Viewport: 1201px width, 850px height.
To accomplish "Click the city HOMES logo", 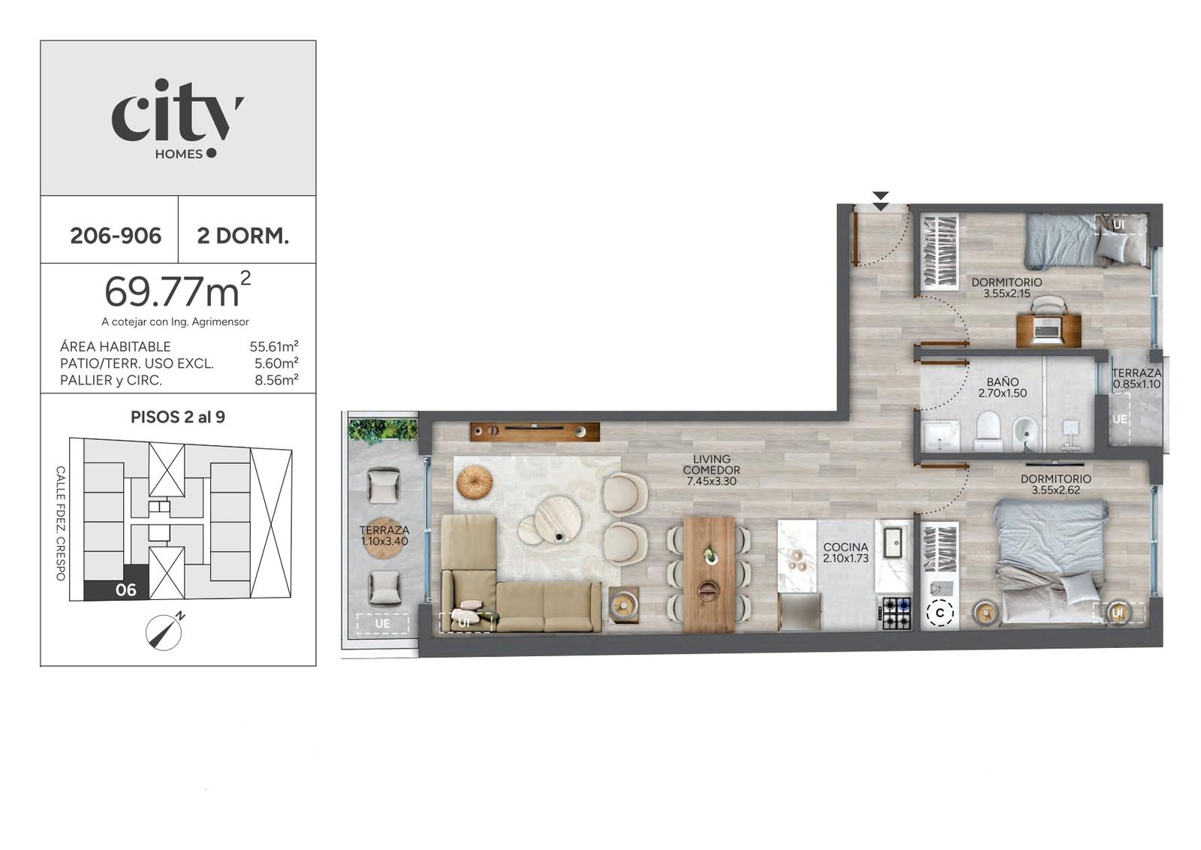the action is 177,119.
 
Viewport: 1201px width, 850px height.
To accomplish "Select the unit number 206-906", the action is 116,236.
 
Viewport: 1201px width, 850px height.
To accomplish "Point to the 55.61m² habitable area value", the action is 274,346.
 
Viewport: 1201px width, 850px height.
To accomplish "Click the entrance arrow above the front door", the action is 881,201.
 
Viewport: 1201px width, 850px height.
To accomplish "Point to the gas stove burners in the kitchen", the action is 896,613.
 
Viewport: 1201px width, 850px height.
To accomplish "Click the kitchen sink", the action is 893,542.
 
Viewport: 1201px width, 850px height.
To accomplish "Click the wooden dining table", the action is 709,574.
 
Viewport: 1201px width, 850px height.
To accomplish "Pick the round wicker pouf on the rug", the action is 474,481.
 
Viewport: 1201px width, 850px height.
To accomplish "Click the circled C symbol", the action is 940,613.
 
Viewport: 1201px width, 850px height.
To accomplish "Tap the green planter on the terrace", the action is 382,430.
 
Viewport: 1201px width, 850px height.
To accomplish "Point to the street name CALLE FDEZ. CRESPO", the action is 61,523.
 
